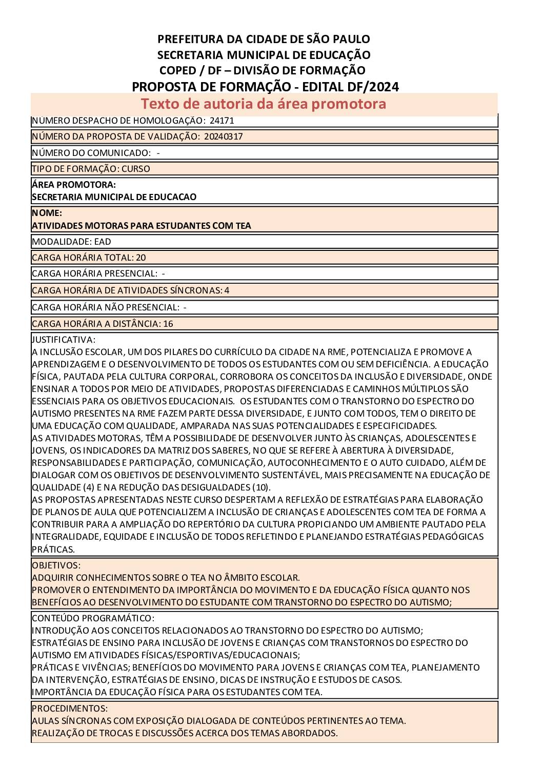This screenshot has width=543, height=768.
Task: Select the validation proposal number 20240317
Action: click(x=223, y=136)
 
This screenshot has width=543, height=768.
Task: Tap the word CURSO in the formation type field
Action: click(x=136, y=169)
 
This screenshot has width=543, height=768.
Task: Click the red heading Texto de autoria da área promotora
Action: click(x=264, y=104)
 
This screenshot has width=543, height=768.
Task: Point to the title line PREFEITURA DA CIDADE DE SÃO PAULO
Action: click(x=264, y=39)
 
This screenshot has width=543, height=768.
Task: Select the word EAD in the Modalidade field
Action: click(x=103, y=242)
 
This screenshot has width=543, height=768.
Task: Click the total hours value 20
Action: click(x=141, y=258)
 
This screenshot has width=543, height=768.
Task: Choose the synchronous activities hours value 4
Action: click(x=227, y=290)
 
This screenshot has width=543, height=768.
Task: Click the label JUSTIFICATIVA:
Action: click(x=64, y=340)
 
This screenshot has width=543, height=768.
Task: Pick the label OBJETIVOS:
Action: click(x=56, y=565)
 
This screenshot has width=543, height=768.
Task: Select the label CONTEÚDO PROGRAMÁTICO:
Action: click(x=93, y=618)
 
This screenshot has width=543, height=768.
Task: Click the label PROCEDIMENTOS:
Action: click(x=70, y=708)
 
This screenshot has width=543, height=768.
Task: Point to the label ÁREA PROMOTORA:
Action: click(x=73, y=185)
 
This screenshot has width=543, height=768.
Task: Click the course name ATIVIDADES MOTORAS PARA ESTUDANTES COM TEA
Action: click(x=142, y=226)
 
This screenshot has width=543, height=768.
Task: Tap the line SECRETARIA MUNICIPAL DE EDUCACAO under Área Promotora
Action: click(x=114, y=197)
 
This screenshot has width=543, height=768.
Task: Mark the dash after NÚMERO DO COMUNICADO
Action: click(x=158, y=153)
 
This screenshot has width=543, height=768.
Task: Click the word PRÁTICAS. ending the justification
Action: click(x=53, y=549)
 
